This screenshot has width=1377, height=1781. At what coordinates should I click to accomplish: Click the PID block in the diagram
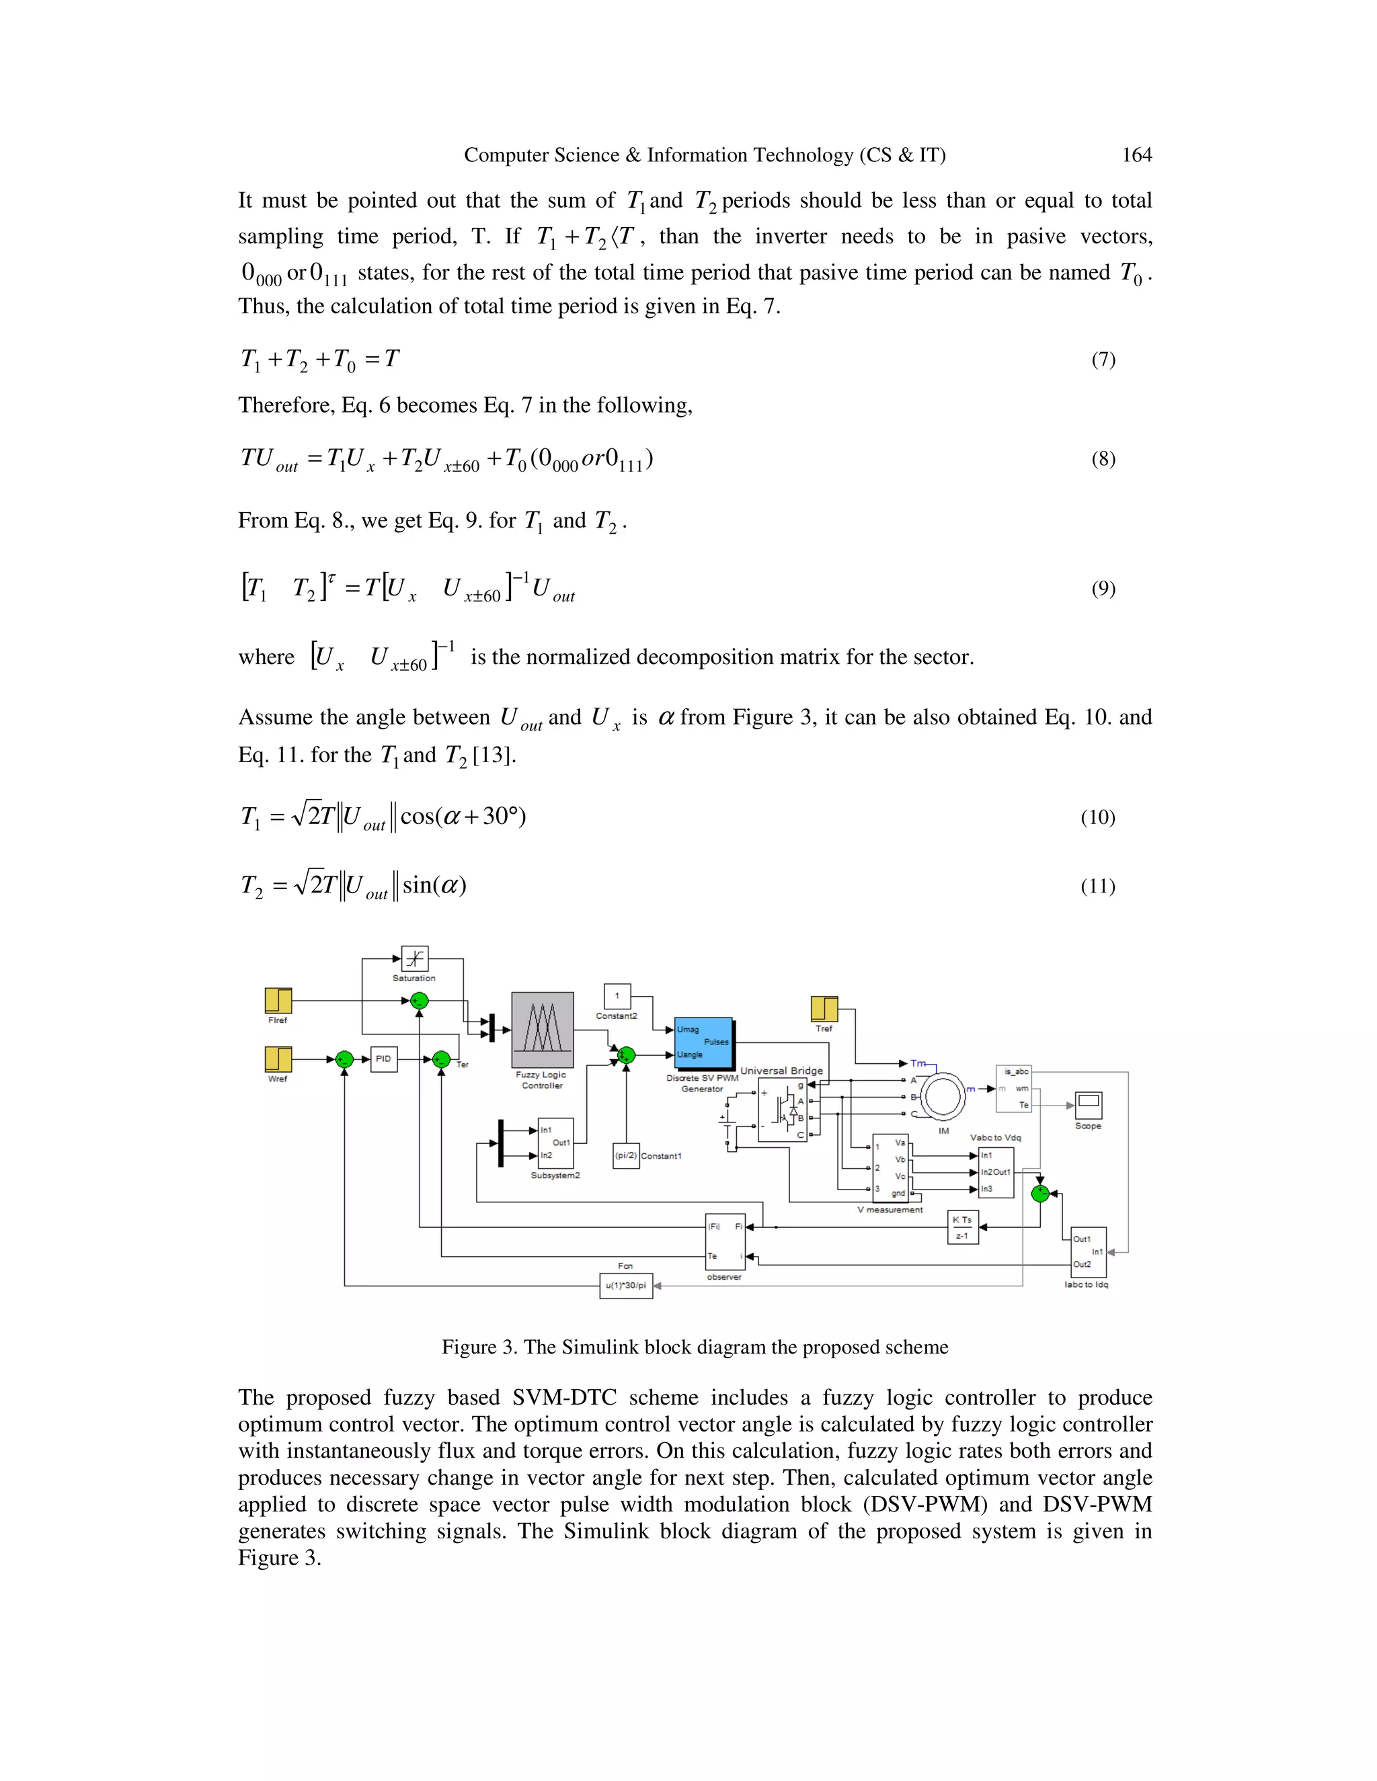(383, 1059)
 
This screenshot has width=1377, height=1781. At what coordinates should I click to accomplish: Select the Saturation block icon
(414, 958)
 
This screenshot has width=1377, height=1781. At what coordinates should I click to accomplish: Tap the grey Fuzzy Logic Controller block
(543, 1029)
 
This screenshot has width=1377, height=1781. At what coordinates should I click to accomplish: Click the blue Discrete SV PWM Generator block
(703, 1042)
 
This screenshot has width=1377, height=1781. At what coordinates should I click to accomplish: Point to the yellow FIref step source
(278, 1001)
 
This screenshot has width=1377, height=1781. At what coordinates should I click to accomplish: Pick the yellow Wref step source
(278, 1059)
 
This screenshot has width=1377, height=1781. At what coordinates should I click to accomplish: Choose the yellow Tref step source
(824, 1009)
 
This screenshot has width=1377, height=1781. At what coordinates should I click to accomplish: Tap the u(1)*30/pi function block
(626, 1286)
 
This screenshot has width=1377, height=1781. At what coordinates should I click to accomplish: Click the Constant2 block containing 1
(617, 996)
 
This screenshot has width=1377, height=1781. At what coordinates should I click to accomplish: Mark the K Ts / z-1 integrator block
(963, 1227)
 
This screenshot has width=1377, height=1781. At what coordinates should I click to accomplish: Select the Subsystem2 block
(555, 1143)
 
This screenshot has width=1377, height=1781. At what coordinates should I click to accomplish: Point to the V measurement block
(891, 1168)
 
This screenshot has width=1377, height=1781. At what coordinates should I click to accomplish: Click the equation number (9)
(1103, 589)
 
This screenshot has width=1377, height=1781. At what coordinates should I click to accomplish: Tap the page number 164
(1136, 155)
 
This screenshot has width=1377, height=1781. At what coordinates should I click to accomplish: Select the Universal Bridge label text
(781, 1071)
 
